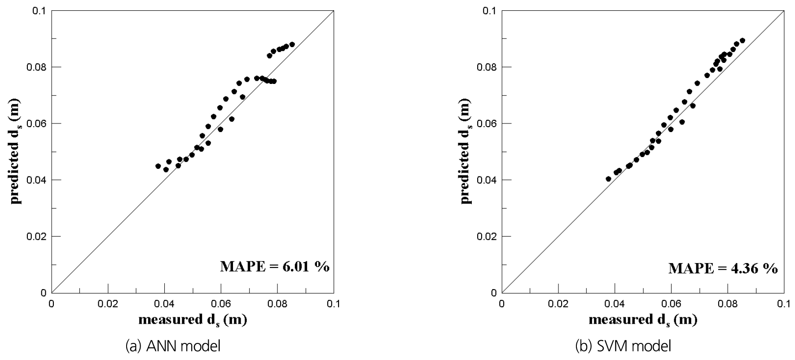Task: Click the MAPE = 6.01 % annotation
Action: (274, 267)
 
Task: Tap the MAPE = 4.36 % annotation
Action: (723, 268)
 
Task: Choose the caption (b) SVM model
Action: (623, 346)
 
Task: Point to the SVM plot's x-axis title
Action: (643, 320)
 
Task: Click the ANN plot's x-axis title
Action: (193, 320)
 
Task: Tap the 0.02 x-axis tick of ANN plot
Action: (108, 304)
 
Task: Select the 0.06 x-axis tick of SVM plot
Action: (671, 304)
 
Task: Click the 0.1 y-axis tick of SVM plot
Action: (491, 10)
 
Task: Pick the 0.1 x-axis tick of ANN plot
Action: (334, 304)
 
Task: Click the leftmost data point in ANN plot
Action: (158, 166)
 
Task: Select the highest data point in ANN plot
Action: (292, 44)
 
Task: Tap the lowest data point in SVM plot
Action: (608, 179)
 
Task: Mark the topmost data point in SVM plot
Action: (742, 40)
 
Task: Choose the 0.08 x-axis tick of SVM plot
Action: (727, 304)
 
